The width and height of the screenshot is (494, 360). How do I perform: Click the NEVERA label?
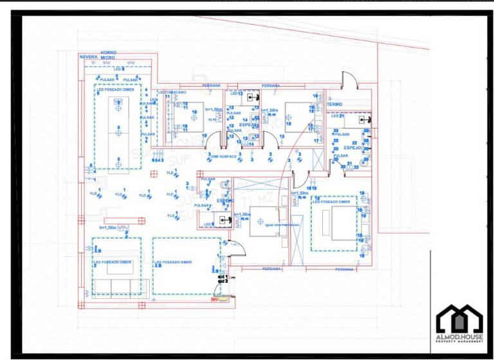tap(88, 57)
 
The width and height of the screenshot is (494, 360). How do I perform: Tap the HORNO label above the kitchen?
tap(108, 51)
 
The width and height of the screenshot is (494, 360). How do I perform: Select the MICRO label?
tap(107, 57)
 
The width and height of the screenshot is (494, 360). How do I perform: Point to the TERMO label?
tap(334, 104)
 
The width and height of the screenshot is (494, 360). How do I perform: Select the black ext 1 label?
tap(223, 276)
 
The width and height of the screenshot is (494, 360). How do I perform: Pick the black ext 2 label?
tap(223, 282)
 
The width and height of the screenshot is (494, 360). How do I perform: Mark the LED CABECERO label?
tap(172, 93)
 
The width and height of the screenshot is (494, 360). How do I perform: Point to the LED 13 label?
tap(236, 94)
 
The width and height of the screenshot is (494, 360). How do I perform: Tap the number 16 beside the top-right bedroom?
tap(317, 96)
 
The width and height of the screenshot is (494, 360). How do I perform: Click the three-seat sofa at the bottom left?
tap(116, 286)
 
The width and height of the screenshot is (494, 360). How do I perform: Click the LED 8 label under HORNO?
tap(119, 68)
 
